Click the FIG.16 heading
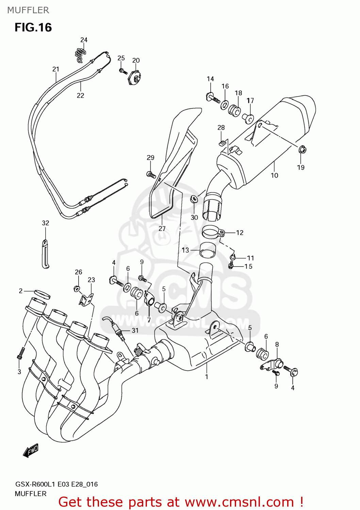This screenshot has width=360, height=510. click(33, 28)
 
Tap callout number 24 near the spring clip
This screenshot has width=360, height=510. click(84, 40)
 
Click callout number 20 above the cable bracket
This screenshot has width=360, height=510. click(136, 61)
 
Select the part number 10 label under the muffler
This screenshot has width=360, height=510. click(274, 175)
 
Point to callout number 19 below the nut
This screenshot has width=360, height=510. click(300, 167)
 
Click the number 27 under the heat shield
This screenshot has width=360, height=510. click(162, 229)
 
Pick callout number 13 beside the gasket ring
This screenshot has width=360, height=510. click(185, 250)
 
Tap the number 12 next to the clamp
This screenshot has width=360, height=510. click(240, 233)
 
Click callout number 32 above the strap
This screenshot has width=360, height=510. click(46, 223)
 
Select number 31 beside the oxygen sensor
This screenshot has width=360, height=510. click(135, 330)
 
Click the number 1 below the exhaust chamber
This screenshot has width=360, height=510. click(207, 377)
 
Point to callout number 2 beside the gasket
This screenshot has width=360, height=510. click(21, 291)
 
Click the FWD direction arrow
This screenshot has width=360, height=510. click(31, 451)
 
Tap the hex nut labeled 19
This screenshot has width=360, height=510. click(301, 150)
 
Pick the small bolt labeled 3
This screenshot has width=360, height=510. click(20, 353)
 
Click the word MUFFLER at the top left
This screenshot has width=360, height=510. click(28, 10)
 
